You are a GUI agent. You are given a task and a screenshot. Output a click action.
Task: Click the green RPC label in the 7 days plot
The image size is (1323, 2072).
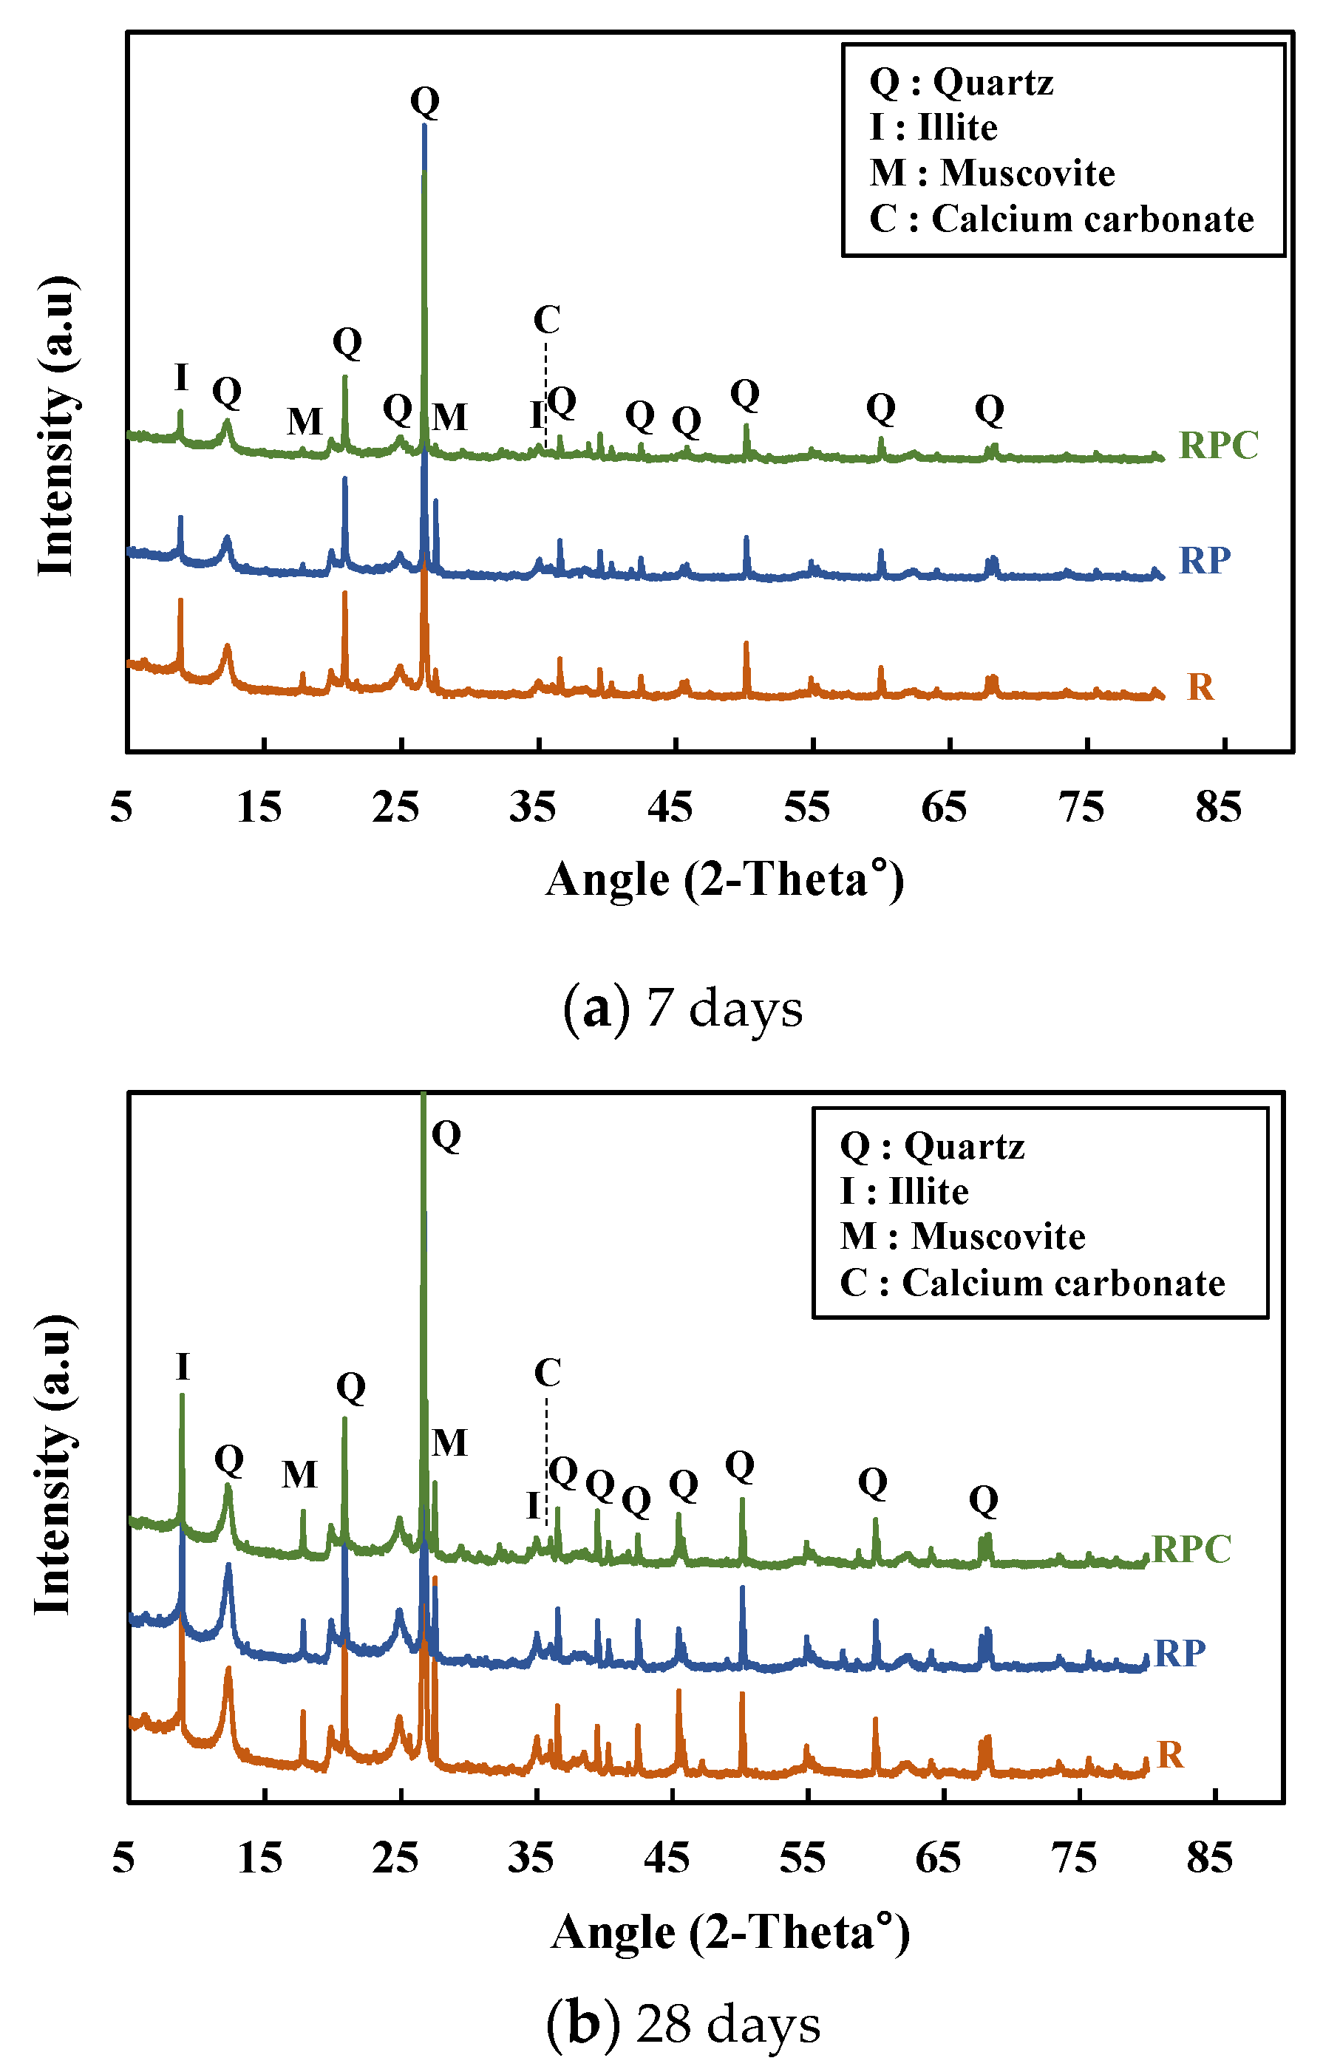[x=1218, y=446]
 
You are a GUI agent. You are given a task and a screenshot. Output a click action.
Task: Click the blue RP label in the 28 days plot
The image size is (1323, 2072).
[x=1180, y=1653]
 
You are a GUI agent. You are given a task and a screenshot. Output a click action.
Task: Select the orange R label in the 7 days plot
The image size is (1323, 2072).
[x=1201, y=687]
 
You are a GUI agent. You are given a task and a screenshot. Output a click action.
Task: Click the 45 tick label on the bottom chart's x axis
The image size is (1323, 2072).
[x=667, y=1859]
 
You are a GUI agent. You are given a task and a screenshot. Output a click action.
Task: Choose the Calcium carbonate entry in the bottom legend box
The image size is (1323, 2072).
[x=1062, y=1283]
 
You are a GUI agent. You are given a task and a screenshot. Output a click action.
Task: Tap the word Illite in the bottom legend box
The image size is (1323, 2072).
[x=928, y=1192]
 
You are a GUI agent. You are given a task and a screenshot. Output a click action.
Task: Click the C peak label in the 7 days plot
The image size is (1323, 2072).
[x=547, y=320]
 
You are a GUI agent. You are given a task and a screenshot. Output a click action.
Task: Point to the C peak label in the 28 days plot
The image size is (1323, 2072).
[x=548, y=1372]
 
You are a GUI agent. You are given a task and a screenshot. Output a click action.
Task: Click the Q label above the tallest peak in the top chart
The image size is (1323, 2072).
[x=424, y=101]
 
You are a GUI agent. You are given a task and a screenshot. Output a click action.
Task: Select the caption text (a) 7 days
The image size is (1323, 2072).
[x=683, y=1008]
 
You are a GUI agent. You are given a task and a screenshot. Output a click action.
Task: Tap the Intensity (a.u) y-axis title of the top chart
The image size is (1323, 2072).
[x=57, y=426]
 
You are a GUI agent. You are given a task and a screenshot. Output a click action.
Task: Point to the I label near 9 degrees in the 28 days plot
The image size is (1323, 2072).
[x=183, y=1367]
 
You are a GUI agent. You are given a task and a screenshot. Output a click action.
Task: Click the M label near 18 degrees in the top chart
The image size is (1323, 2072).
[x=305, y=422]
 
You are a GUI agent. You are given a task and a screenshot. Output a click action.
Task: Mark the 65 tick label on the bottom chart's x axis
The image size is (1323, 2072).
[x=938, y=1859]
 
